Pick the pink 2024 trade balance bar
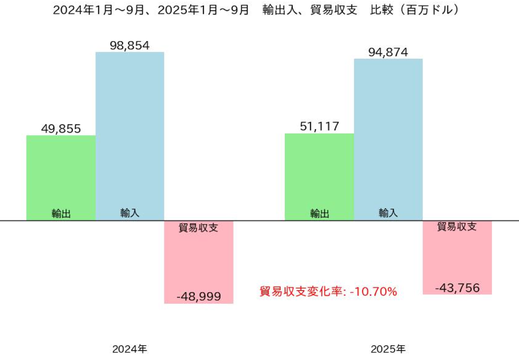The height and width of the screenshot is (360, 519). (199, 263)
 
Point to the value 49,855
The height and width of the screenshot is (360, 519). (61, 128)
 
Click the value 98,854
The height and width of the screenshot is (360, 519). (129, 45)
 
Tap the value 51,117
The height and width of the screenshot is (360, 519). (319, 126)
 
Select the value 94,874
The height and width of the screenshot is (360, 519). (388, 51)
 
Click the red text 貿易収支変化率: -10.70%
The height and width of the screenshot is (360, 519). (328, 291)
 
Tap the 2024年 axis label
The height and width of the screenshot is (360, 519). (129, 350)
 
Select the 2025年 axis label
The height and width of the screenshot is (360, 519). (388, 350)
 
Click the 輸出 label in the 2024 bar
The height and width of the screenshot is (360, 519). (61, 214)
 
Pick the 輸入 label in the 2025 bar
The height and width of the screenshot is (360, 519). (388, 213)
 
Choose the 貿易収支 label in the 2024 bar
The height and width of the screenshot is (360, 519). (198, 228)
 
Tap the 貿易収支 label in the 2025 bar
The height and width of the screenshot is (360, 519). (457, 227)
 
